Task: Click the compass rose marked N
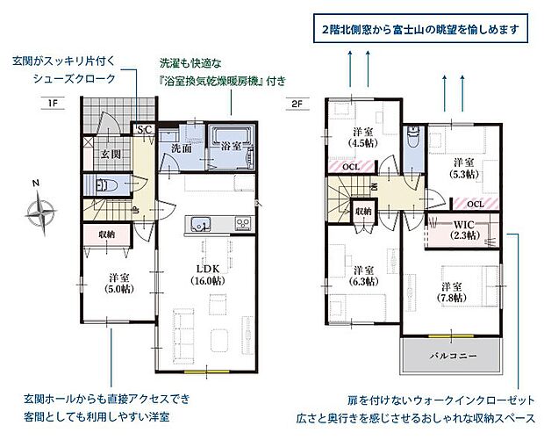(x=41, y=210)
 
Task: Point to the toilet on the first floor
(x=104, y=185)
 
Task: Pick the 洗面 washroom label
(x=182, y=148)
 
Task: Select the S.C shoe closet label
(x=143, y=130)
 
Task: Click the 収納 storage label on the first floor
(x=107, y=234)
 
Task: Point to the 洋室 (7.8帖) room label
(x=452, y=292)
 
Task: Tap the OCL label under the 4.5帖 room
(x=350, y=166)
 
